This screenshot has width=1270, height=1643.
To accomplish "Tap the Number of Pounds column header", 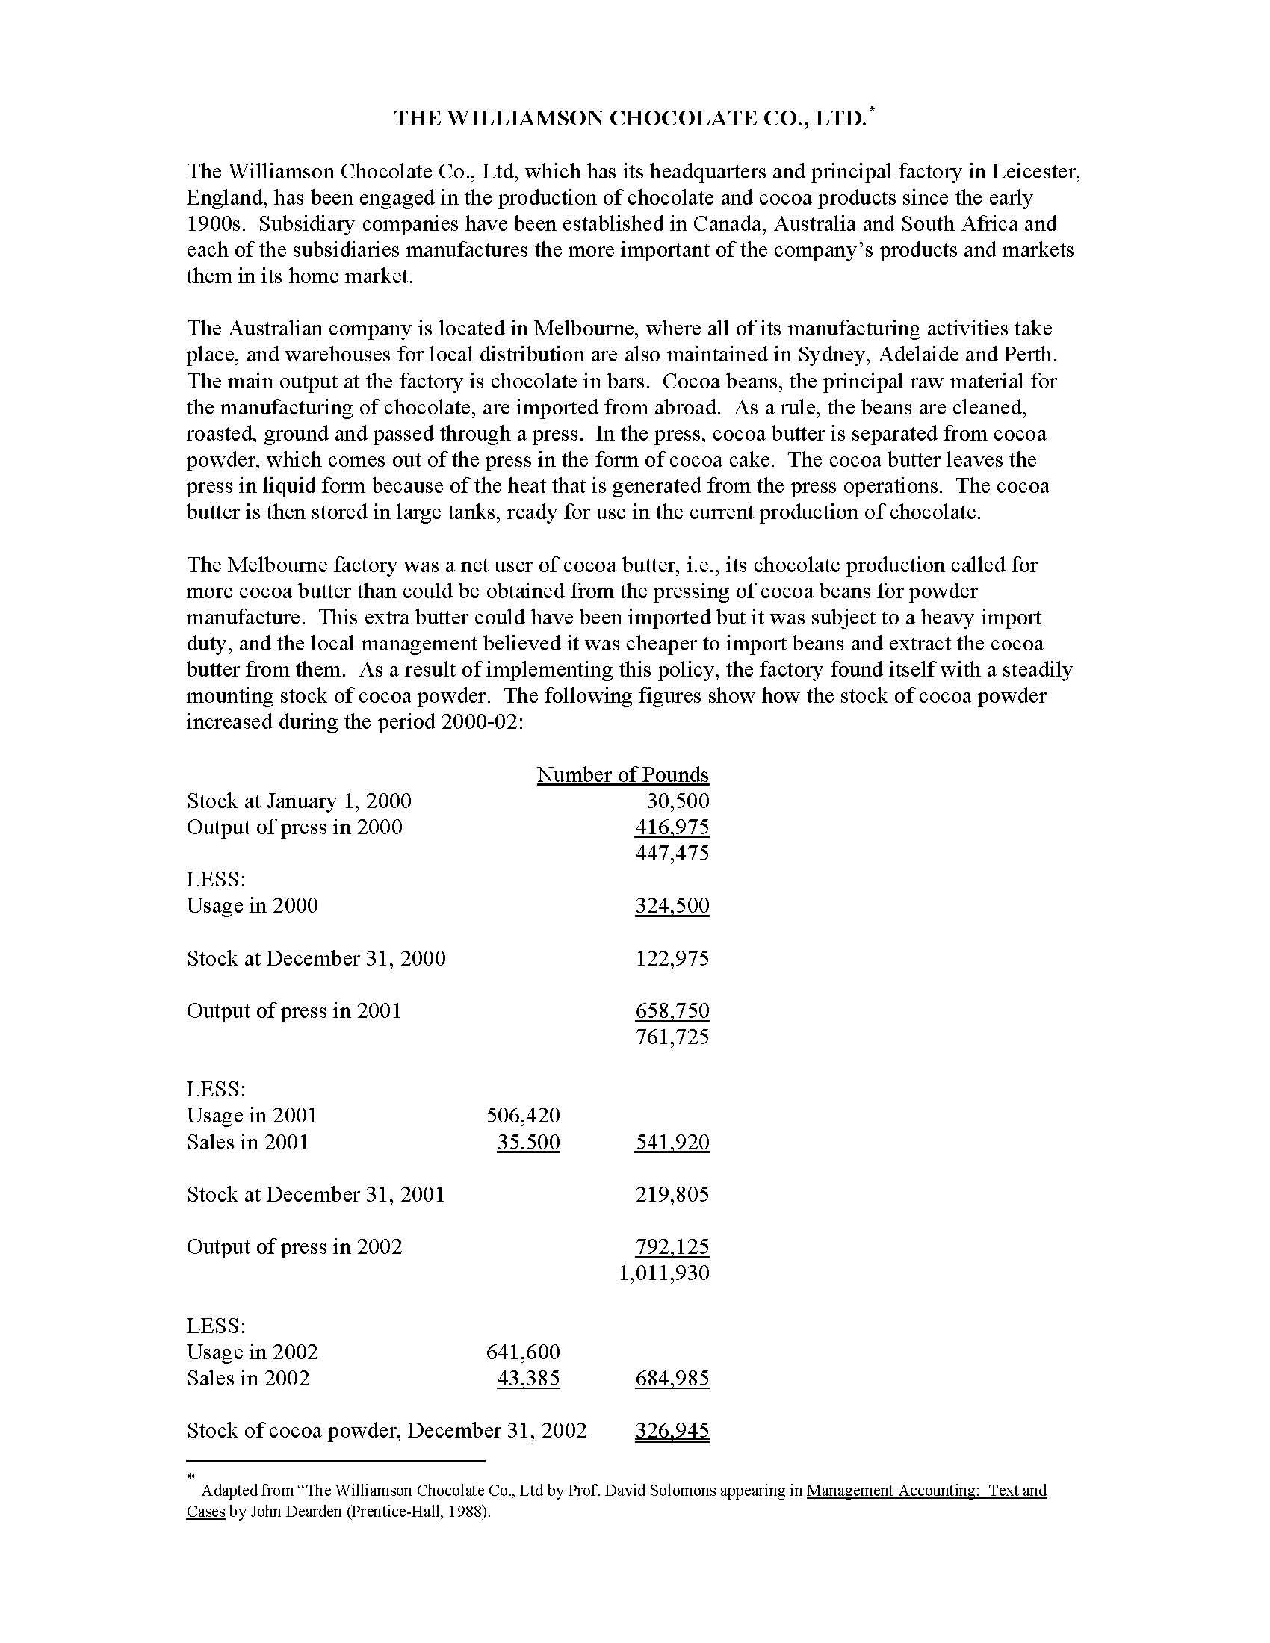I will (x=622, y=775).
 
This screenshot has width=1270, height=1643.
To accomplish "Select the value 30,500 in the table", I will (x=677, y=801).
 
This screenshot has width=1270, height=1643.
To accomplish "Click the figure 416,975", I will (x=672, y=827).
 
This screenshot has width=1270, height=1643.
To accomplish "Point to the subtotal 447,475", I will (x=672, y=853).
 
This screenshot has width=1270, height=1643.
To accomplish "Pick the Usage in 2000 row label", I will (x=252, y=906).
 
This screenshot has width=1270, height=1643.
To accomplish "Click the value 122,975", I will (x=672, y=958).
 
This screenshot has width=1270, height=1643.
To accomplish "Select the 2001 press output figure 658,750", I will (x=672, y=1011).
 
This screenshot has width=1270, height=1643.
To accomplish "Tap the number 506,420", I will (x=523, y=1116).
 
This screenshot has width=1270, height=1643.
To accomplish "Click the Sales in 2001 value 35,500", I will (x=528, y=1142).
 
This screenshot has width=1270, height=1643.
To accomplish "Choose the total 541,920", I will (x=672, y=1142).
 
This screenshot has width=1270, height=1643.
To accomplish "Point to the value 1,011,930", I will (x=663, y=1273).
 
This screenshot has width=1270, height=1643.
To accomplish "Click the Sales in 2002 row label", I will (x=247, y=1378).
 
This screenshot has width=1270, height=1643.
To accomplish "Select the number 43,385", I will (x=528, y=1378).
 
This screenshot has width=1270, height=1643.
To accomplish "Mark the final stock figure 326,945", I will (x=672, y=1431).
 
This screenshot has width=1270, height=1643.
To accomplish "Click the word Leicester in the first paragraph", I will (x=1035, y=172).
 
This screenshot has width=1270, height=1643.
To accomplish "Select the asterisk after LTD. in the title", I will (x=872, y=111).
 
